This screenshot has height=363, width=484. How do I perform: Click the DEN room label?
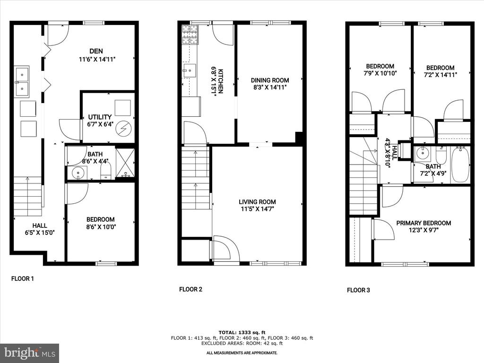[96, 51]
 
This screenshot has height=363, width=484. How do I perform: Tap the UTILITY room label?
[100, 117]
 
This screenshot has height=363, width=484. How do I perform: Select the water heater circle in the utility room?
[123, 128]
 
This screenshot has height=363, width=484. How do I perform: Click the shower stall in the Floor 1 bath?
[125, 163]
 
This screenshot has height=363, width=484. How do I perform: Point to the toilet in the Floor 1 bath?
[105, 170]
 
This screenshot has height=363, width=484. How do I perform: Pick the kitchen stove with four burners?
[190, 35]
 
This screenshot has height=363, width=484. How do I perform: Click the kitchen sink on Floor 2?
[189, 71]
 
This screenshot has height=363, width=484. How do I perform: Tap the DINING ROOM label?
[270, 80]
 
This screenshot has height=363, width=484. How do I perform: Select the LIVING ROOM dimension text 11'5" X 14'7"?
[258, 209]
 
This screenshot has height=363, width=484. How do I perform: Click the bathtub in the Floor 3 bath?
[460, 165]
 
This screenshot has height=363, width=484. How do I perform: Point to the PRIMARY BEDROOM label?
[423, 223]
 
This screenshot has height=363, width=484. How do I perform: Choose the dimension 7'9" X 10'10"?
[380, 73]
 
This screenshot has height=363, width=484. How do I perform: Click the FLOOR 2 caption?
[191, 289]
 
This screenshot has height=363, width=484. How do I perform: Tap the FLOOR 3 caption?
[358, 290]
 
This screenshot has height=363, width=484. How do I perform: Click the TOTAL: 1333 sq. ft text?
[242, 332]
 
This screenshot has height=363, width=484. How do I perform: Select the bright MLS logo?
[30, 353]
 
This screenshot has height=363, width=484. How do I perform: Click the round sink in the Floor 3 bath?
[421, 153]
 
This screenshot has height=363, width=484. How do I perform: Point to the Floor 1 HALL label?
[40, 225]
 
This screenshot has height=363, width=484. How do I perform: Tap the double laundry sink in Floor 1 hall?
[22, 82]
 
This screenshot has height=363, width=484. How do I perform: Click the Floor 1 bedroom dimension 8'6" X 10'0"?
[101, 227]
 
